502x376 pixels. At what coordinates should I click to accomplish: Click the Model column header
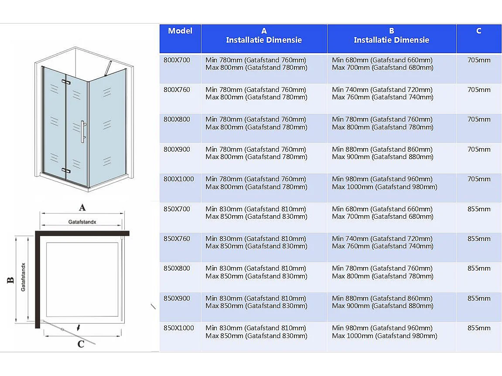180,31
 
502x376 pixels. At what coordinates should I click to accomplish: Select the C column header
478,31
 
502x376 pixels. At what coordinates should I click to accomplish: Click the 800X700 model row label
177,60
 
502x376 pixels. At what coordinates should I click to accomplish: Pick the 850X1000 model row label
178,328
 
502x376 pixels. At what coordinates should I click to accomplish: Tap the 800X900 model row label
177,149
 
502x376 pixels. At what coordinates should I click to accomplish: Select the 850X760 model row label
177,239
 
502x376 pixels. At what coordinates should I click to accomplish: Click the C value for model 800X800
479,119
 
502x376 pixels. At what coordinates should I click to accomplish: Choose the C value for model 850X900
479,298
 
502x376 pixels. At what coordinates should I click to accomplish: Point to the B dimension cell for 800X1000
384,183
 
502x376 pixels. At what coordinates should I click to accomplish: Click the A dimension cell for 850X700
256,213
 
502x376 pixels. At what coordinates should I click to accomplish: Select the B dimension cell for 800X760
382,94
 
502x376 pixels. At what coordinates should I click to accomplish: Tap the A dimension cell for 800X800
256,123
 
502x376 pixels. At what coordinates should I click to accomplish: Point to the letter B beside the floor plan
10,280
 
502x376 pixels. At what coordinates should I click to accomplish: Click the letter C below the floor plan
81,344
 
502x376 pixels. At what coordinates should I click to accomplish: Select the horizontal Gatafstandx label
82,222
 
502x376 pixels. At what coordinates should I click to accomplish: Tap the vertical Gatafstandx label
23,277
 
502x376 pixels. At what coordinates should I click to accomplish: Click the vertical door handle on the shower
82,131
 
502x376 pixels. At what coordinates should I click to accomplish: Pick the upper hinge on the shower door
66,81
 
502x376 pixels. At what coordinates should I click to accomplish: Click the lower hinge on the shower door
65,170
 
